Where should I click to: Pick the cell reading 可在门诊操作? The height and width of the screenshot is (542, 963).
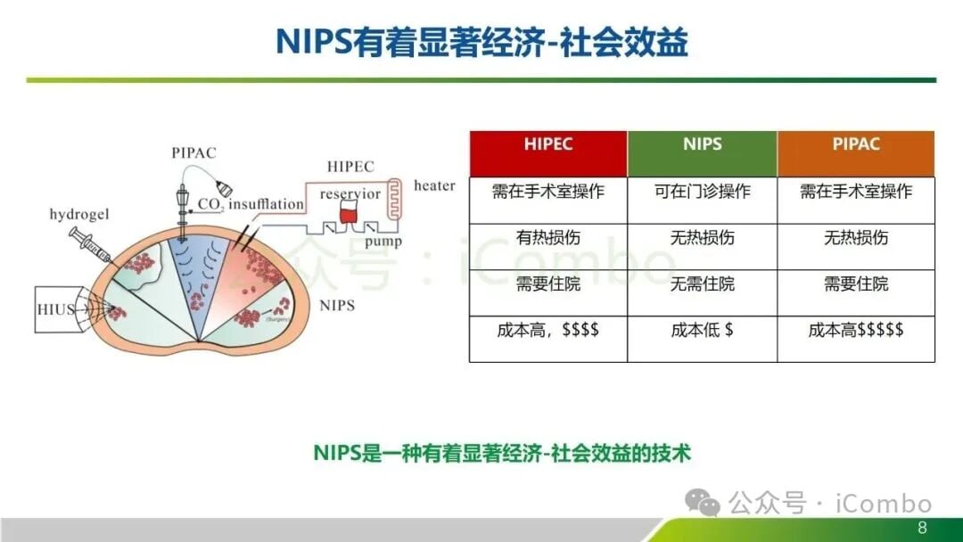702,192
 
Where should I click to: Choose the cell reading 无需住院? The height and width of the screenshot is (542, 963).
702,284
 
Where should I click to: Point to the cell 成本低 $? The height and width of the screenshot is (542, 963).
702,331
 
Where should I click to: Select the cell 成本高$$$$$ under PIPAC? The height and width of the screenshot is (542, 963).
856,331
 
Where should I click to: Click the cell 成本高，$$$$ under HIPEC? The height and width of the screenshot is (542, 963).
547,331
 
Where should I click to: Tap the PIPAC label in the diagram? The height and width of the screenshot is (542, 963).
193,152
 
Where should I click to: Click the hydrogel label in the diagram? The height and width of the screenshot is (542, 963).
80,216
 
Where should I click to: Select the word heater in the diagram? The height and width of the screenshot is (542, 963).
434,186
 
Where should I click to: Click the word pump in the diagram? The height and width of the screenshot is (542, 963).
383,241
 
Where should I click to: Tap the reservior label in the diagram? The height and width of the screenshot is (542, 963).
350,193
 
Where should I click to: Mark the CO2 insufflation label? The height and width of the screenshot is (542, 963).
251,205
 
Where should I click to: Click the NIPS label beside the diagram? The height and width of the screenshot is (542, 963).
337,306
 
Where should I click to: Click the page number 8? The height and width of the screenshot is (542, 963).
923,528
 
